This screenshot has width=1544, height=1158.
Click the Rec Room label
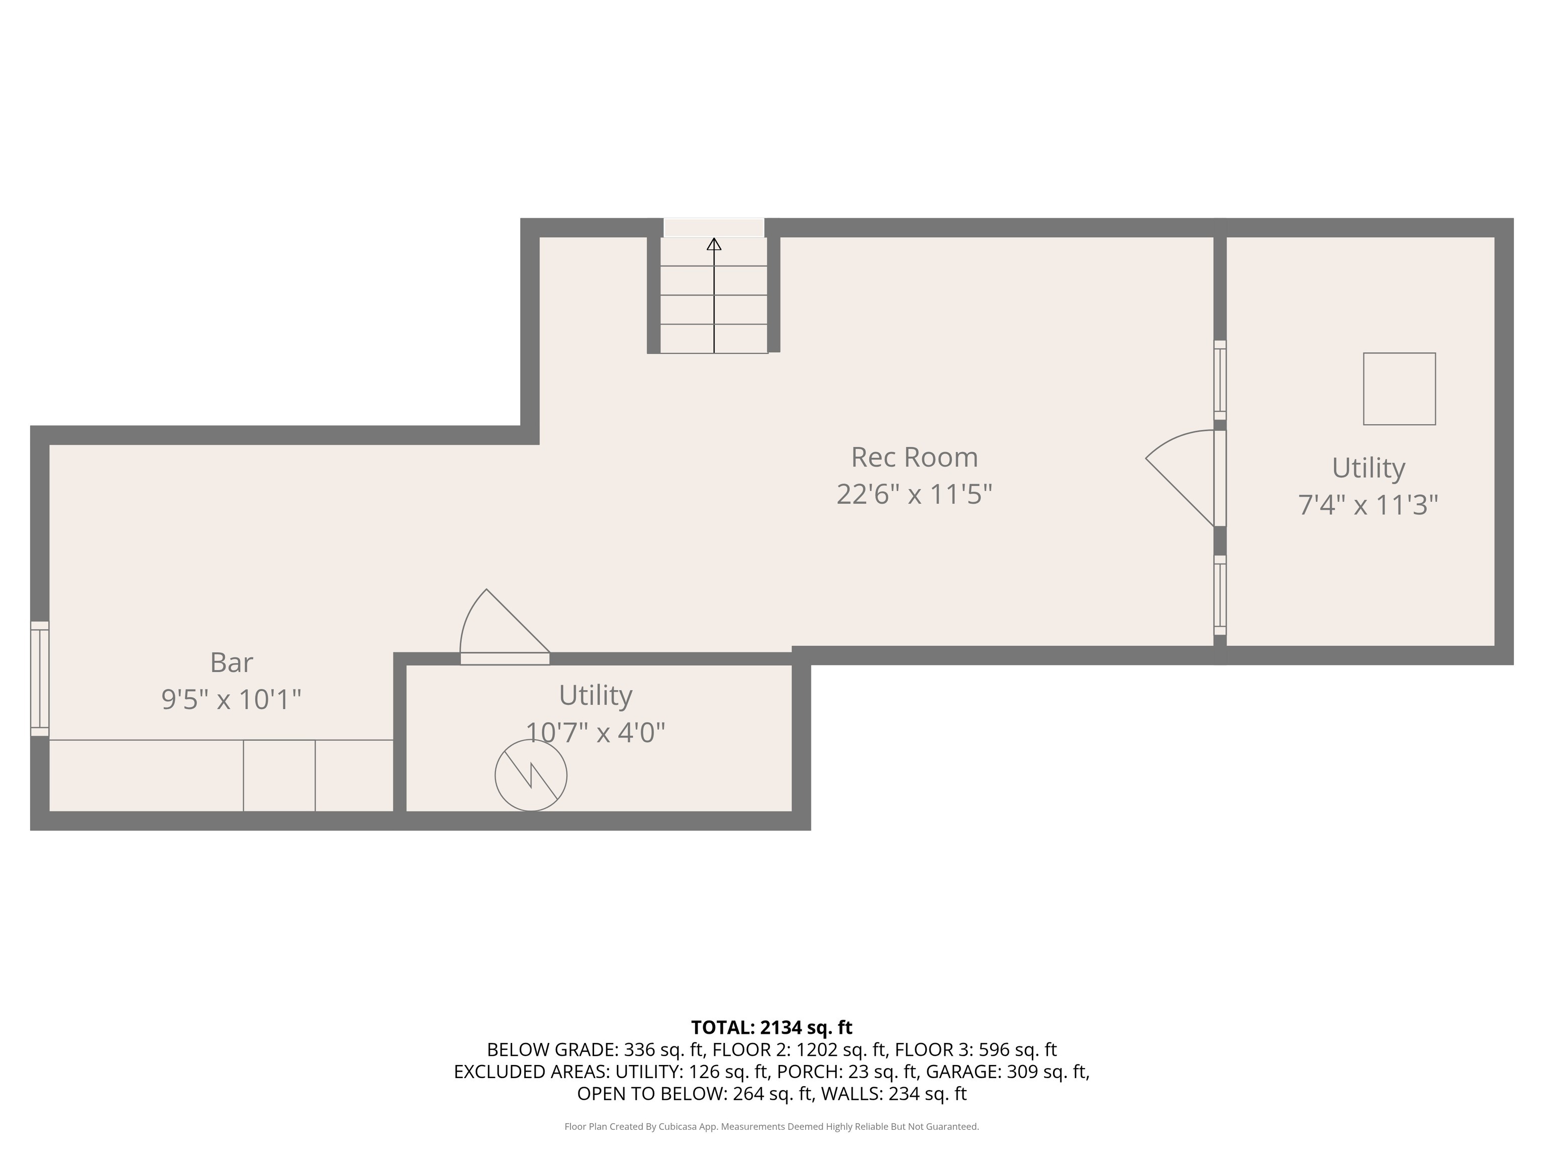[914, 458]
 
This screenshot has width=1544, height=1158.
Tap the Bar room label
[231, 662]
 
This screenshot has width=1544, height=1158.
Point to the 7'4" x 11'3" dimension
[1368, 505]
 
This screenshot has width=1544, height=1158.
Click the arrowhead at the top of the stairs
[713, 244]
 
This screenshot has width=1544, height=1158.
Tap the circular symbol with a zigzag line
[530, 776]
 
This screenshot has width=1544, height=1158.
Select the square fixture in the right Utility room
[1399, 389]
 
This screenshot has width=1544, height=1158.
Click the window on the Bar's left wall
[40, 679]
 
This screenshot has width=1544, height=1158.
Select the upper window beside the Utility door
[1219, 380]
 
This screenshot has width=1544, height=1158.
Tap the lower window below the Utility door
[1219, 595]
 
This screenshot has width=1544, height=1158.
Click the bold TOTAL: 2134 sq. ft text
[771, 1027]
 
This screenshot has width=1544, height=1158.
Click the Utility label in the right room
[1368, 467]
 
